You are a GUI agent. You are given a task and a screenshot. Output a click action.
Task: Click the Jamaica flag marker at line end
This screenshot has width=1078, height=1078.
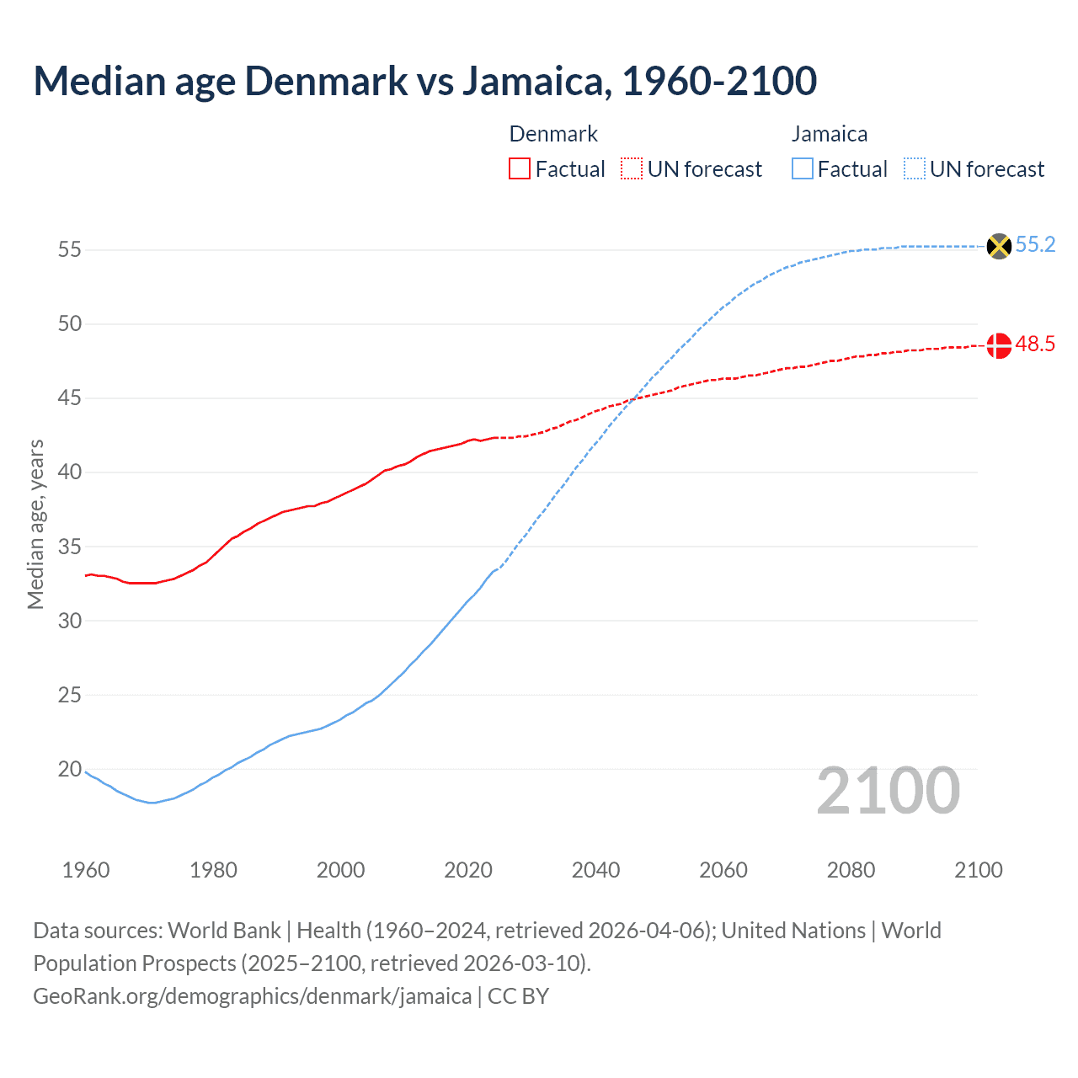(x=998, y=246)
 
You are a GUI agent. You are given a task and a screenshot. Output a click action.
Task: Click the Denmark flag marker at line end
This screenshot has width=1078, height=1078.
(x=998, y=345)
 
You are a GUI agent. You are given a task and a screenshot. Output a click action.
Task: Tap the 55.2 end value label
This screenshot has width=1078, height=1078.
(x=1035, y=245)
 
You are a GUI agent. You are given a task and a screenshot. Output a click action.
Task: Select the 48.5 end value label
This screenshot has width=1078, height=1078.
(x=1035, y=344)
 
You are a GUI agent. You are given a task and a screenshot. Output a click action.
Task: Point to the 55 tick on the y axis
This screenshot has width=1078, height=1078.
(x=70, y=250)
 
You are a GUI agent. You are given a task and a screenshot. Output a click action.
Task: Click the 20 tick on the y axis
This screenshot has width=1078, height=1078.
(x=70, y=769)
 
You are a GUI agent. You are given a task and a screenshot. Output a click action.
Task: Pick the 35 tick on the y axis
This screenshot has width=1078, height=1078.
(x=70, y=547)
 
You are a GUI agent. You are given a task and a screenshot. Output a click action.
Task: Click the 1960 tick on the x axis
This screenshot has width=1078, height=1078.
(x=86, y=870)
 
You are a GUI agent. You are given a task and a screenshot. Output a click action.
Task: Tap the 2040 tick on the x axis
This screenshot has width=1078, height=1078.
(x=595, y=870)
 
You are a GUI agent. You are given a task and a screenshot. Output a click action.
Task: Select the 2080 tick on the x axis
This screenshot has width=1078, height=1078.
(x=851, y=870)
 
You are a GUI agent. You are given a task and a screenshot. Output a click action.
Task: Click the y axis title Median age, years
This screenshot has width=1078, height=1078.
(x=35, y=524)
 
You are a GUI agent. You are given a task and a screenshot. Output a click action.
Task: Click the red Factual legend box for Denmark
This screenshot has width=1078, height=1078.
(x=520, y=169)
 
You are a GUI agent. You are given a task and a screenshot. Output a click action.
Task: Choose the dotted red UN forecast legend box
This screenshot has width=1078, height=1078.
(x=632, y=169)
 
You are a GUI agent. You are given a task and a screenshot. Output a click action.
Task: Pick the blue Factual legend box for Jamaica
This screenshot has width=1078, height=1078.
(x=803, y=169)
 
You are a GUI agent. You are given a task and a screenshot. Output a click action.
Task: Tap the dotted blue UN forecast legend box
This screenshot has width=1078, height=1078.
(x=915, y=169)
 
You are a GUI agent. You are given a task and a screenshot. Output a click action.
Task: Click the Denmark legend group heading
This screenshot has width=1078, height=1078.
(x=553, y=134)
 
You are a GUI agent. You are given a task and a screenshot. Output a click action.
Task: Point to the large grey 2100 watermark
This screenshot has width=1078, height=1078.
(x=888, y=791)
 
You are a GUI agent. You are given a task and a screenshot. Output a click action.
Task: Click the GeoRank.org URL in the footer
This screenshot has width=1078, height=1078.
(x=252, y=996)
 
